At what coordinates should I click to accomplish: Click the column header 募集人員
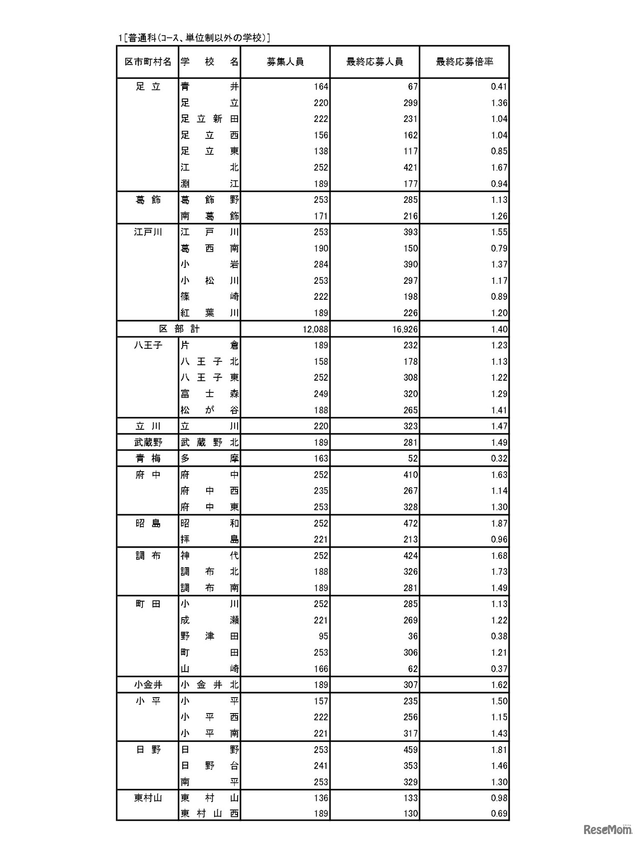285,62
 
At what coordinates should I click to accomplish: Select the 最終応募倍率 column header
464,62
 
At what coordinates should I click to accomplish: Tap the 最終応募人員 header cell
374,62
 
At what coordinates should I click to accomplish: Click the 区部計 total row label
179,329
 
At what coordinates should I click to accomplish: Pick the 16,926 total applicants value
405,329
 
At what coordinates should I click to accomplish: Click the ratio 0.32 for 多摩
499,458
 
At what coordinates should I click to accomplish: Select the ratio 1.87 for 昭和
499,523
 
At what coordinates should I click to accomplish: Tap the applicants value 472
410,523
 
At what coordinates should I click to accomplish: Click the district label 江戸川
148,232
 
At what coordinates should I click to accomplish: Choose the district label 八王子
148,345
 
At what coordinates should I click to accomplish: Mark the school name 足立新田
210,119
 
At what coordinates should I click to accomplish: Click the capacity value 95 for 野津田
322,636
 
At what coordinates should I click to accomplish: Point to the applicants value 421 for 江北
410,167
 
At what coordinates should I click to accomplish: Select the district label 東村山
148,798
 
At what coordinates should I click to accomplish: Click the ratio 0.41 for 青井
499,86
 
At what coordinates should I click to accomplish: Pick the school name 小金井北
210,685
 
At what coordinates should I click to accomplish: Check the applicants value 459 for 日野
410,750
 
